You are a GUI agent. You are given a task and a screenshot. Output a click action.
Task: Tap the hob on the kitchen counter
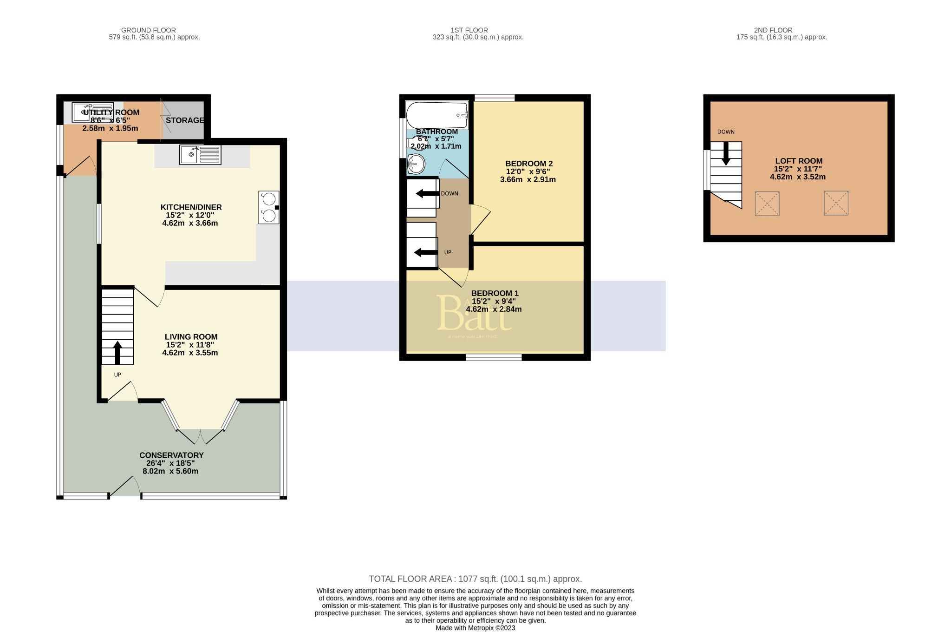pos(269,207)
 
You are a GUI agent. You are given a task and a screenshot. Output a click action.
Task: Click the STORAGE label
pos(185,120)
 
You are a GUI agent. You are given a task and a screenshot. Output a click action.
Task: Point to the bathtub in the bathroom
pos(436,115)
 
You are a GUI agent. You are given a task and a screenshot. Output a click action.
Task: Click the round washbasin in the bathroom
pos(416,164)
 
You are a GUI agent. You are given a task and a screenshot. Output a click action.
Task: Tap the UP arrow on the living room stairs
pos(117,352)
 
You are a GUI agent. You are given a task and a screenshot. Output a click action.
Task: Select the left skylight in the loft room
pos(767,204)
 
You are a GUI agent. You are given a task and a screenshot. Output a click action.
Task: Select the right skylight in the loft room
pos(836,203)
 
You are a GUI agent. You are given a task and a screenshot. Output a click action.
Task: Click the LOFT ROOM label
pos(798,161)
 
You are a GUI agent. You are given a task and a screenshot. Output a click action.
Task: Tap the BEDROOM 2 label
pos(529,164)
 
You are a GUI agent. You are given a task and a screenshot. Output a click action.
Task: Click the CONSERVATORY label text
pos(171,455)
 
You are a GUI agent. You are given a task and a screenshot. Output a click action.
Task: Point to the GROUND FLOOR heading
pos(149,30)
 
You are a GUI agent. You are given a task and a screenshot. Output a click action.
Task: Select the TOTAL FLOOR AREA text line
pos(475,579)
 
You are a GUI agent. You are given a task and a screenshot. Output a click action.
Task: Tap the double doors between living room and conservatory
pos(200,436)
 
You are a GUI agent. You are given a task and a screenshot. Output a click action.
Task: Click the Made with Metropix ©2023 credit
pos(475,628)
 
